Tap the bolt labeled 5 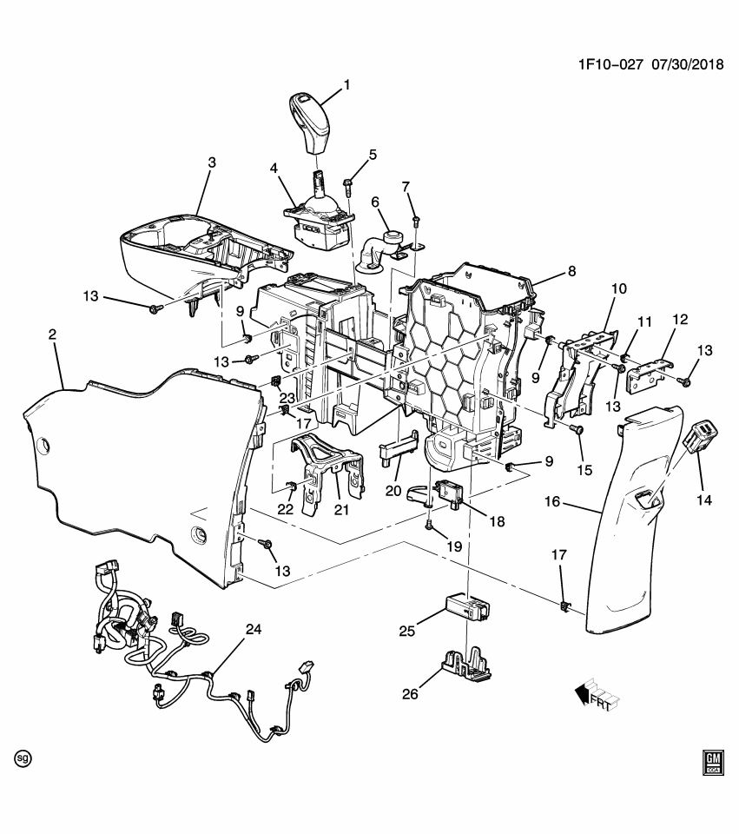click(347, 183)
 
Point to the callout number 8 click(571, 270)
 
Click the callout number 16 click(552, 502)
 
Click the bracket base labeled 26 click(467, 665)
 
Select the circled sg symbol click(23, 758)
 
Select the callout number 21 click(341, 510)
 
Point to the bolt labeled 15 click(577, 430)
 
